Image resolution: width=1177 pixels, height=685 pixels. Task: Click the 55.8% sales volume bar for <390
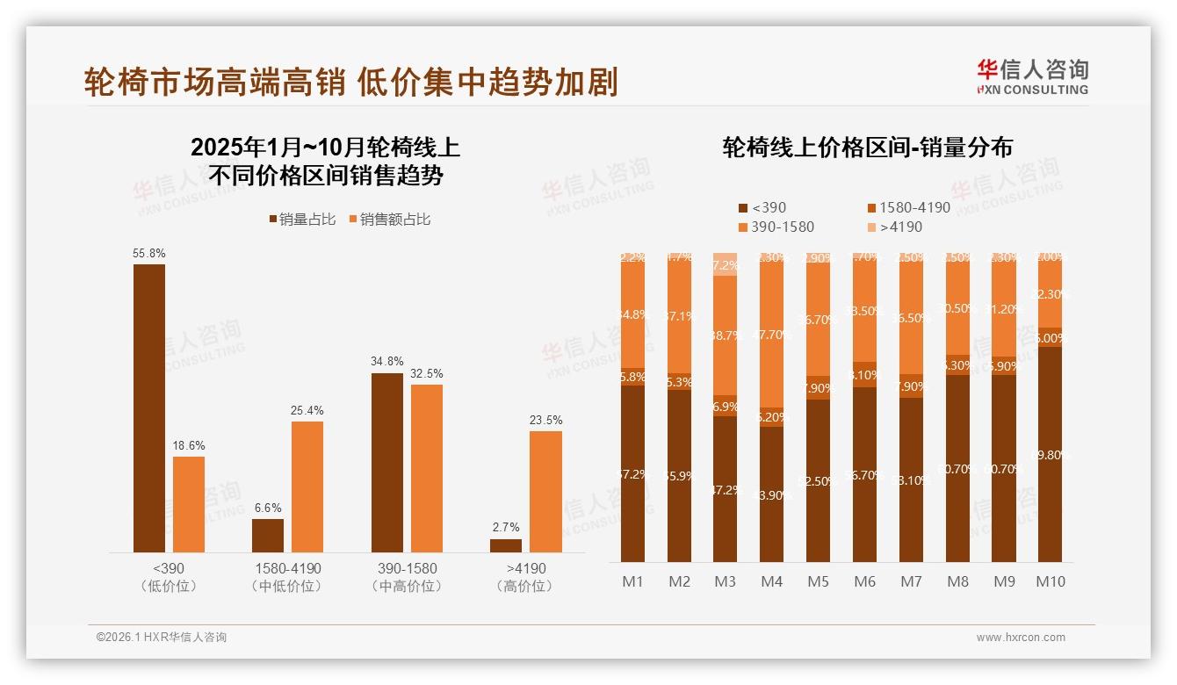coord(149,407)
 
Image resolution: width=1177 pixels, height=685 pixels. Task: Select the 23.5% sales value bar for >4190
coord(545,491)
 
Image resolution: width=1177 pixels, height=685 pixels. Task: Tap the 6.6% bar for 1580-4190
coord(268,535)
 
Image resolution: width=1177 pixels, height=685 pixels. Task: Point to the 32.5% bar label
coord(426,373)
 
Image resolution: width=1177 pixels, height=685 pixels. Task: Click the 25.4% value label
coord(307,410)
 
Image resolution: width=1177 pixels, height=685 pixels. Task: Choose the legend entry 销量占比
coord(301,220)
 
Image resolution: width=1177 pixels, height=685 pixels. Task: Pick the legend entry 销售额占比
coord(390,220)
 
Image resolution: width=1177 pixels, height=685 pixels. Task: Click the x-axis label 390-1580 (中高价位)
coord(405,577)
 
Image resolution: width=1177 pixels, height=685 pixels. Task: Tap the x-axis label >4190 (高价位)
coord(526,577)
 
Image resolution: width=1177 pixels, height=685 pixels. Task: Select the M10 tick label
coord(1050,581)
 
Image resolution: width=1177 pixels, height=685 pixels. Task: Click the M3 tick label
coord(725,581)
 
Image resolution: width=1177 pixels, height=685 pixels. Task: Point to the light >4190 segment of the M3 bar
coord(725,264)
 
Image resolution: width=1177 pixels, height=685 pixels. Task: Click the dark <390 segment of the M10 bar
coord(1050,454)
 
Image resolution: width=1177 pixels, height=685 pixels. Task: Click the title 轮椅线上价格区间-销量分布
coord(866,147)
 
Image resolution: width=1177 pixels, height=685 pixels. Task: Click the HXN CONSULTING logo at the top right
coord(1032,76)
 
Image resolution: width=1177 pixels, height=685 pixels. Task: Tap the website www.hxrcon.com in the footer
coord(1020,638)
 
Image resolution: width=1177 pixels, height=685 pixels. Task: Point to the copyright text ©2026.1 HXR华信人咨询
coord(161,638)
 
